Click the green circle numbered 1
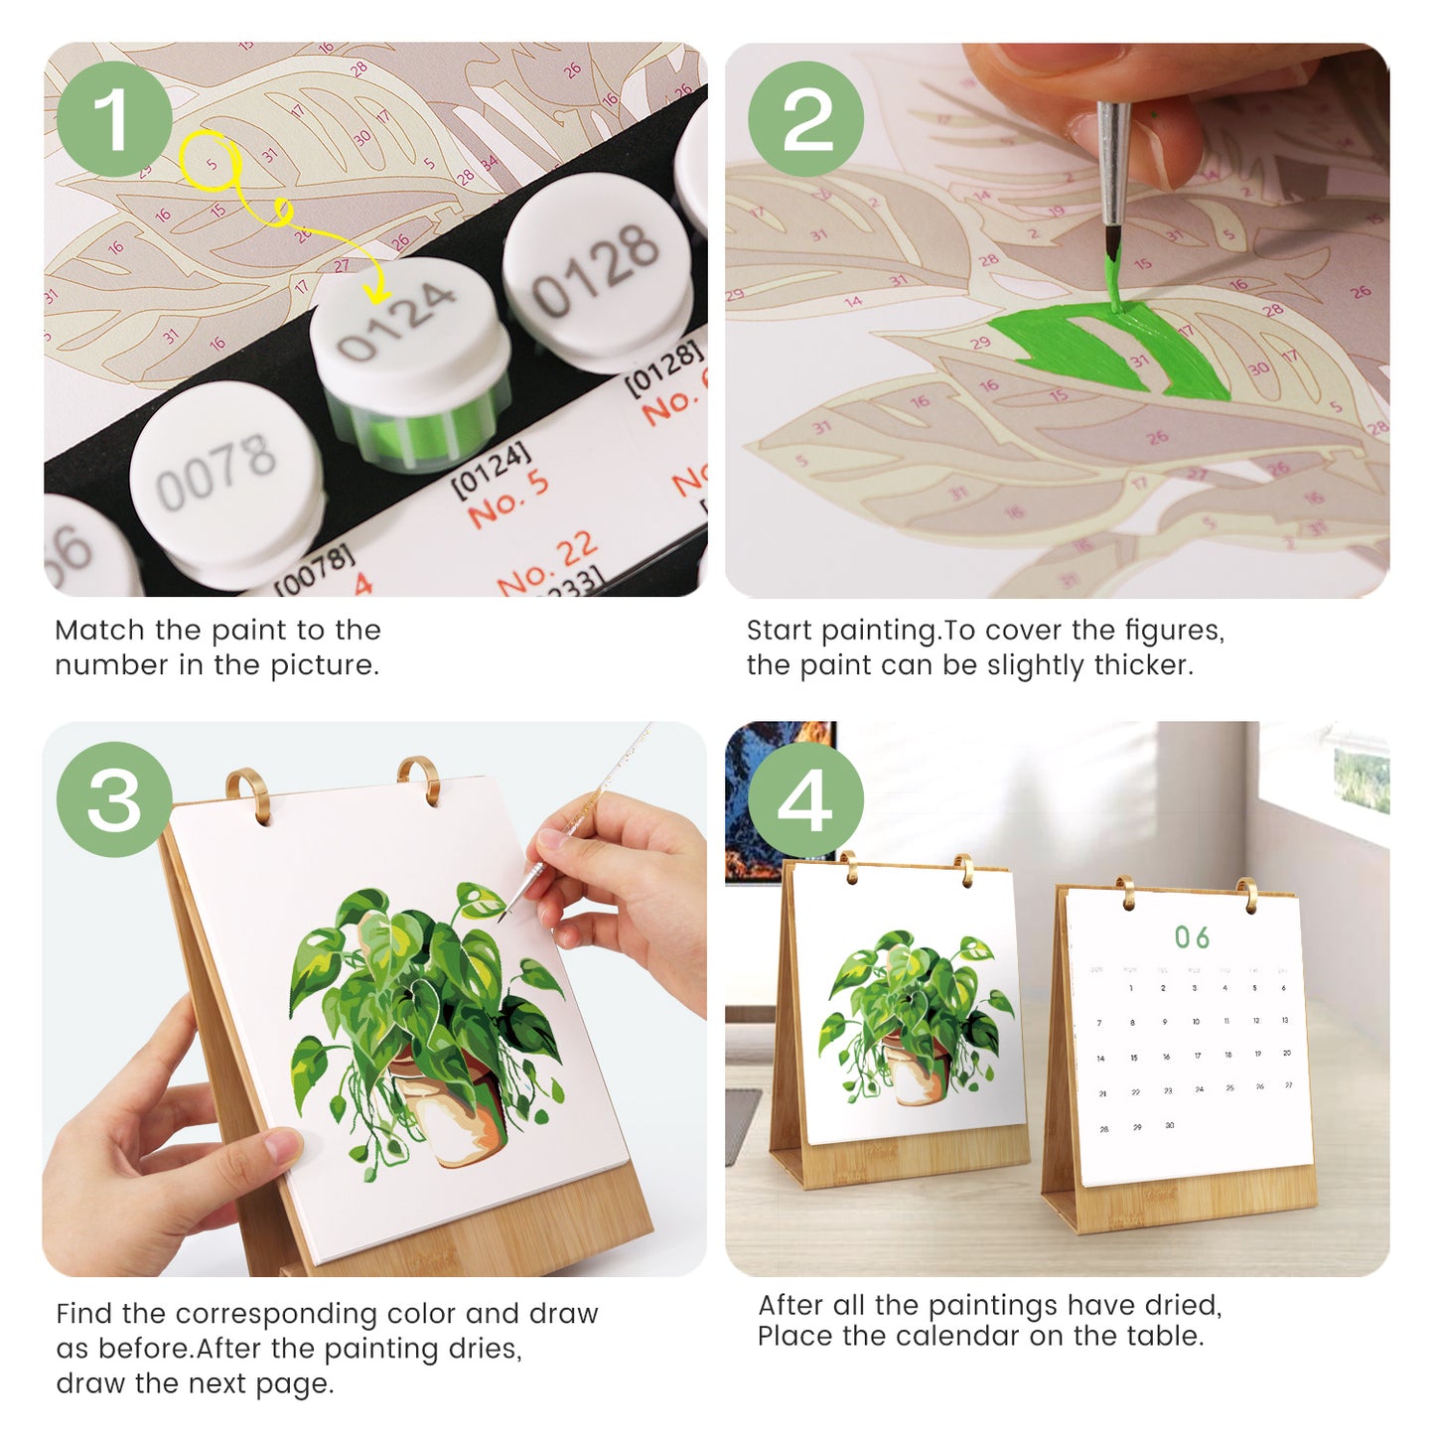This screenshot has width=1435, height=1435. (114, 119)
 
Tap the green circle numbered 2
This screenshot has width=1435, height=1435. (805, 119)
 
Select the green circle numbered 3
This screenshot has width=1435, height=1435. (114, 799)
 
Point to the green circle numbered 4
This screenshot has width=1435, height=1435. (805, 799)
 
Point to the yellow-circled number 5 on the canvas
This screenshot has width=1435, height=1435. (211, 165)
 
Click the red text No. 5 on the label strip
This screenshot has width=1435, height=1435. (507, 498)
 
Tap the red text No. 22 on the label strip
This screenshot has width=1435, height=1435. (547, 565)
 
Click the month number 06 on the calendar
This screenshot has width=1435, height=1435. (1192, 937)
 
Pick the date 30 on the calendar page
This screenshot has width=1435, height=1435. (1169, 1125)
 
